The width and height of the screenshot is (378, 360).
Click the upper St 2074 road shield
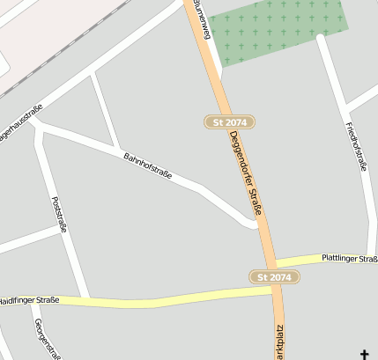click(x=230, y=121)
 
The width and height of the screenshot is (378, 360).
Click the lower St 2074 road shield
click(x=274, y=277)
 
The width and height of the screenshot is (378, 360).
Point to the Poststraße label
click(x=60, y=214)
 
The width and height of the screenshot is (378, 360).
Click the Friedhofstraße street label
click(x=357, y=146)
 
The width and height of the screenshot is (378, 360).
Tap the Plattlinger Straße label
click(x=350, y=257)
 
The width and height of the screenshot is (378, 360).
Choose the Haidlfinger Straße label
click(x=29, y=300)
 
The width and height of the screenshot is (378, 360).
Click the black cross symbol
click(x=366, y=353)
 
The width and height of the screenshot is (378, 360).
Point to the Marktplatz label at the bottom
click(x=280, y=342)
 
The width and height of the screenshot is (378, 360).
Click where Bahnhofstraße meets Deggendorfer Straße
click(x=262, y=225)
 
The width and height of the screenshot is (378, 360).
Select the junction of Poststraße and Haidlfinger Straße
click(x=86, y=298)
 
